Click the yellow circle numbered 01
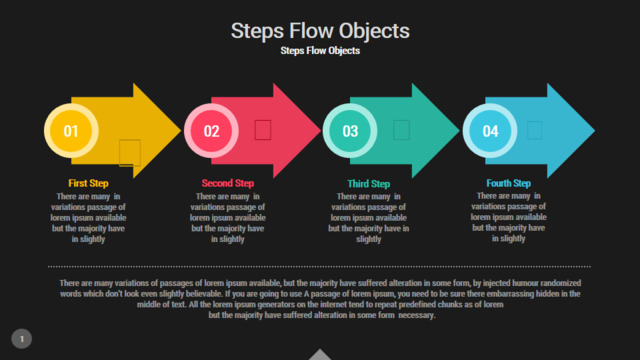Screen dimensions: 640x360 point(71,131)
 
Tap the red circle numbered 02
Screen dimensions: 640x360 point(211,131)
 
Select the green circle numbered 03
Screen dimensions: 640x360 point(350,131)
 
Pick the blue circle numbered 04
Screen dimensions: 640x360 point(490,131)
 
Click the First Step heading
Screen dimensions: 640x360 point(88,183)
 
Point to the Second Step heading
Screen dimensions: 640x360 point(228,183)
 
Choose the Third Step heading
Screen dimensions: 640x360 point(369,184)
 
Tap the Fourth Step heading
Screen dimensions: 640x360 point(509,183)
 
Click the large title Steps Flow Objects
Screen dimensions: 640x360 point(320,31)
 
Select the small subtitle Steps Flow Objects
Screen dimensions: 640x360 point(320,51)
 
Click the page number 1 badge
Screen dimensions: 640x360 point(22,339)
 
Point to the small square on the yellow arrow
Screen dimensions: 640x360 point(130,153)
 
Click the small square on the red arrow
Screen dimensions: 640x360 point(263,130)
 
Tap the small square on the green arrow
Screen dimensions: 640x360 point(401,130)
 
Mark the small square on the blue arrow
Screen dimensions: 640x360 point(535,130)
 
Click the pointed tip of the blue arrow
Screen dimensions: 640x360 point(595,131)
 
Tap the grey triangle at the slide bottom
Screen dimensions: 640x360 point(320,354)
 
